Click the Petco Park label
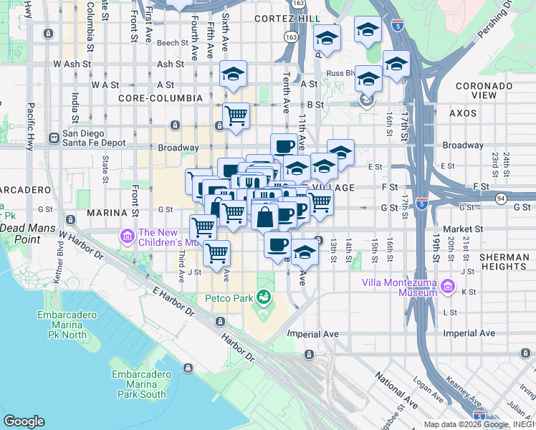pyautogui.click(x=227, y=297)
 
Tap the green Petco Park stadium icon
pyautogui.click(x=264, y=296)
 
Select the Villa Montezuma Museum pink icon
pyautogui.click(x=449, y=287)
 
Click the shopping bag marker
pyautogui.click(x=264, y=215)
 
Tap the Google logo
pyautogui.click(x=24, y=421)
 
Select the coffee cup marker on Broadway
pyautogui.click(x=284, y=145)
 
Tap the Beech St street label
pyautogui.click(x=172, y=43)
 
